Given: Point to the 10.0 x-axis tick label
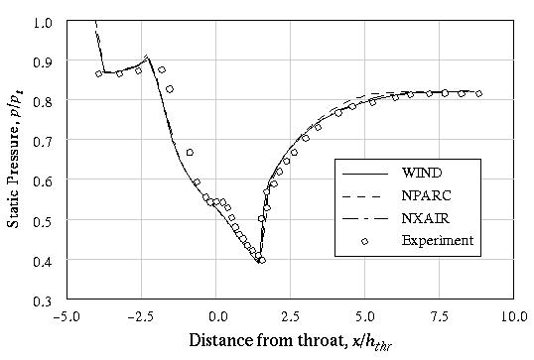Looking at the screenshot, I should (512, 317).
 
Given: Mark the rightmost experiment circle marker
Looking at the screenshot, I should (478, 94).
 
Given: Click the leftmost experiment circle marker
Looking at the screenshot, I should (99, 73).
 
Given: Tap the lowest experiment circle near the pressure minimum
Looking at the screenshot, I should (261, 260).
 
